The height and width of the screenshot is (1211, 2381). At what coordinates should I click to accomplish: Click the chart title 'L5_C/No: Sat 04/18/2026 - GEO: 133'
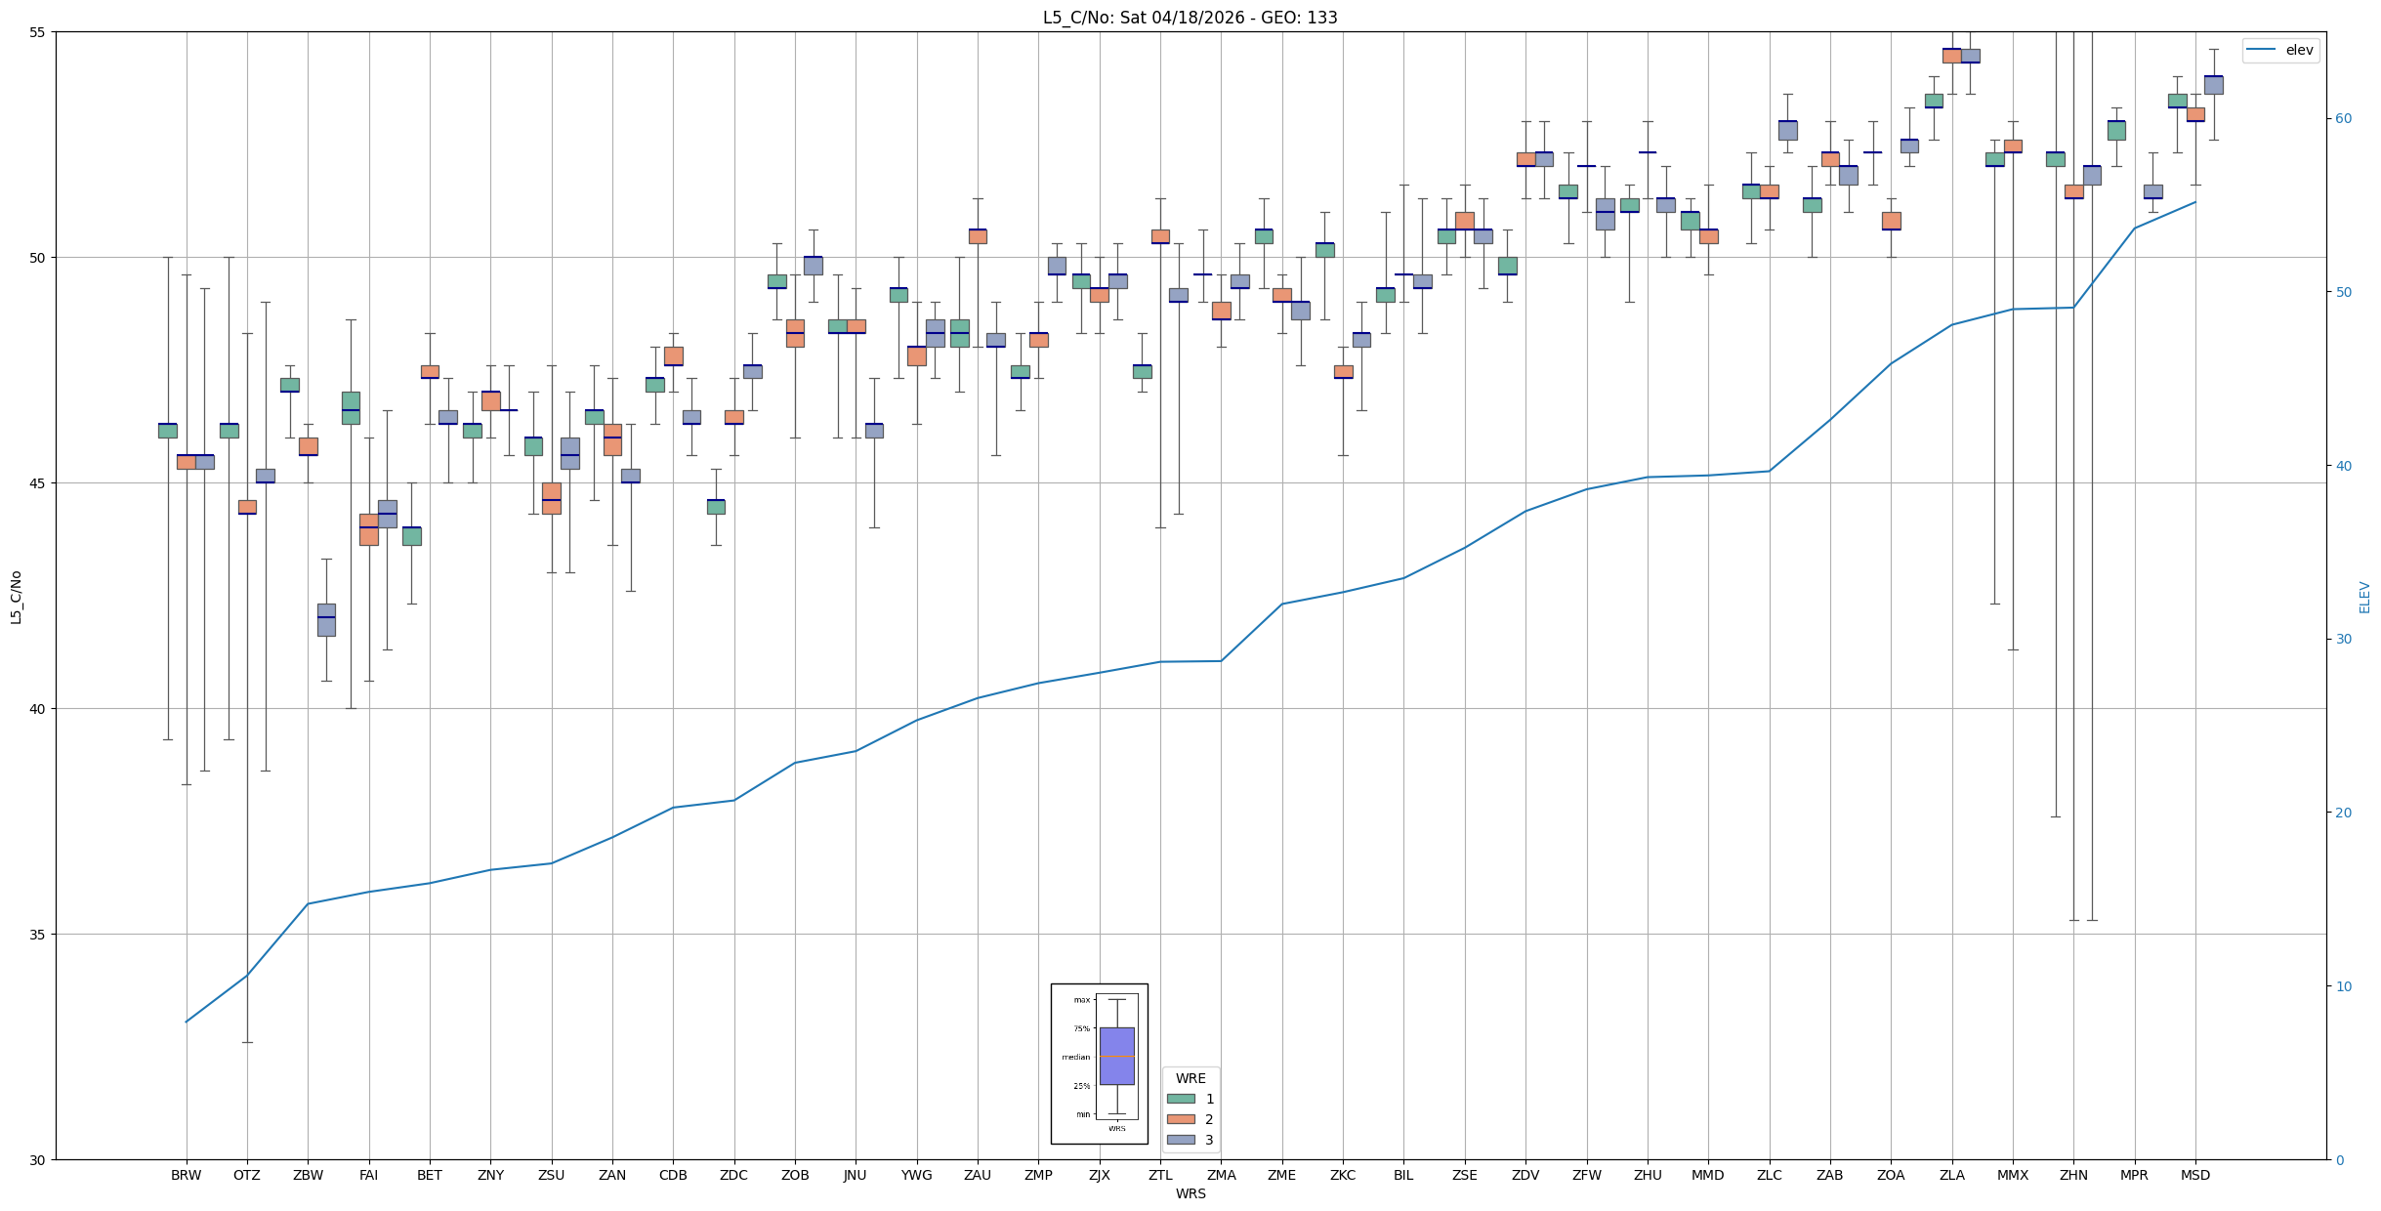pyautogui.click(x=1190, y=18)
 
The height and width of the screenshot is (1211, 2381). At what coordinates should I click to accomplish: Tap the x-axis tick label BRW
pyautogui.click(x=186, y=1175)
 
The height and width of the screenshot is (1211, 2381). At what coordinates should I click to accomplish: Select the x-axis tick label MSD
pyautogui.click(x=2194, y=1175)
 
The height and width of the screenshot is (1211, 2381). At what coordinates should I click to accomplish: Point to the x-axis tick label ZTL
pyautogui.click(x=1160, y=1175)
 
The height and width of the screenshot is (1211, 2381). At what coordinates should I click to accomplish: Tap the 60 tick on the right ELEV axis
pyautogui.click(x=2343, y=119)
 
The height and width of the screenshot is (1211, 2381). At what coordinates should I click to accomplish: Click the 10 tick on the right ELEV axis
pyautogui.click(x=2343, y=986)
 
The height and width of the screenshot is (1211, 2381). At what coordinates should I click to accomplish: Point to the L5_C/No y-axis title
pyautogui.click(x=16, y=597)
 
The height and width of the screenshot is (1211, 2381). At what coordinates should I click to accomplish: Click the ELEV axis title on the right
pyautogui.click(x=2364, y=597)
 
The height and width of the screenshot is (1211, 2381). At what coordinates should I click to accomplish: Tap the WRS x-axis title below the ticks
pyautogui.click(x=1190, y=1193)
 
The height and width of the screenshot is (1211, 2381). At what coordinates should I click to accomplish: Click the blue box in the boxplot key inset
pyautogui.click(x=1116, y=1056)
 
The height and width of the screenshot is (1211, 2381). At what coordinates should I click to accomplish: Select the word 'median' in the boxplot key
pyautogui.click(x=1075, y=1057)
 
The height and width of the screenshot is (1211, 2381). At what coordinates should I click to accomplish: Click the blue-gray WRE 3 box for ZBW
pyautogui.click(x=326, y=620)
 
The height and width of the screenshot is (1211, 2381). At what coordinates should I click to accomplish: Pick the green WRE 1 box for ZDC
pyautogui.click(x=716, y=506)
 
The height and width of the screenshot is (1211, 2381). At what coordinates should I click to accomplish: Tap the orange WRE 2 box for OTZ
pyautogui.click(x=247, y=507)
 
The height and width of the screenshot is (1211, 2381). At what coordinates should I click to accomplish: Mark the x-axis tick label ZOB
pyautogui.click(x=795, y=1175)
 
